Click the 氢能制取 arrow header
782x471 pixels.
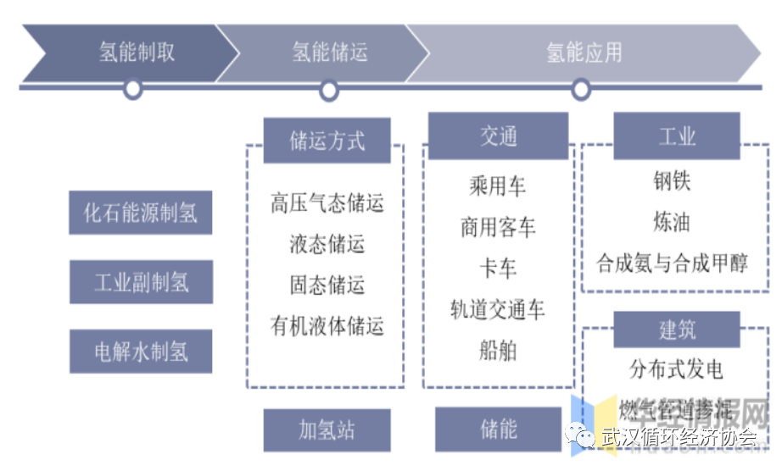point(136,53)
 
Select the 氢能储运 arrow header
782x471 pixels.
point(329,53)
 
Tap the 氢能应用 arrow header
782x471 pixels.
point(584,53)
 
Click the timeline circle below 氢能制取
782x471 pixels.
point(132,89)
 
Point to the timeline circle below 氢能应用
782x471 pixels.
point(581,89)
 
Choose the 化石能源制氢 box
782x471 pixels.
point(141,212)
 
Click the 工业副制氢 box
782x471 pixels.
point(141,282)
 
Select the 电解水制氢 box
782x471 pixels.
point(141,351)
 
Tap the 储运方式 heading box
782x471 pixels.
point(327,141)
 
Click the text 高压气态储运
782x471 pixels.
point(327,203)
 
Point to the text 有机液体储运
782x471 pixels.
point(327,325)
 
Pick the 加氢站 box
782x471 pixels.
point(327,430)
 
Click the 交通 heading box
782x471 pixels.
point(498,136)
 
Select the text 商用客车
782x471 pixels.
point(498,227)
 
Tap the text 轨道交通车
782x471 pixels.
point(498,309)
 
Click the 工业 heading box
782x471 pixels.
point(676,136)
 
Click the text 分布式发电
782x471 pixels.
point(676,369)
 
